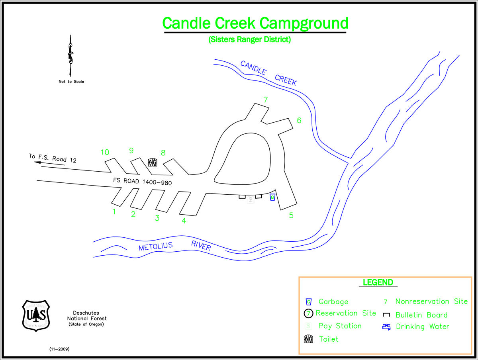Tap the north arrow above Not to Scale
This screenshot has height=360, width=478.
click(x=71, y=56)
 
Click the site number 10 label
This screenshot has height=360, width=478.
click(x=105, y=152)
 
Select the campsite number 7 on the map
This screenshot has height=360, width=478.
click(x=266, y=100)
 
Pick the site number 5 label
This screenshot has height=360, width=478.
click(x=291, y=215)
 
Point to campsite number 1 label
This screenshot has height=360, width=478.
click(x=114, y=211)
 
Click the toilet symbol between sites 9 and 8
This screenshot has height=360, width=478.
click(x=153, y=162)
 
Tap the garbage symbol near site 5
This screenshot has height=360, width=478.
click(x=272, y=197)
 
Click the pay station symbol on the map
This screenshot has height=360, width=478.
click(x=250, y=200)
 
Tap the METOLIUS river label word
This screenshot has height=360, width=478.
click(x=156, y=247)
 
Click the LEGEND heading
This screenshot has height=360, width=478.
click(x=378, y=282)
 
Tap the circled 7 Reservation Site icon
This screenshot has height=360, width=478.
click(x=309, y=313)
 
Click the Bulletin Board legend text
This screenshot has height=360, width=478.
click(x=421, y=315)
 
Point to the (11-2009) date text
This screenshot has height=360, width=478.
click(x=59, y=349)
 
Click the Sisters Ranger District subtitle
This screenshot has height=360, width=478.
click(x=249, y=40)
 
